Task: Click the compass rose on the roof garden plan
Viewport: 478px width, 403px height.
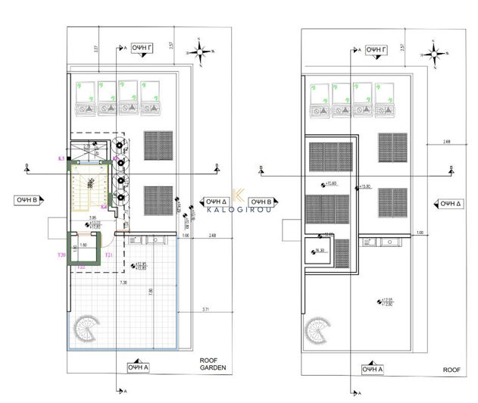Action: [x=203, y=52]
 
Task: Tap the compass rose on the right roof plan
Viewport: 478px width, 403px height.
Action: [x=436, y=52]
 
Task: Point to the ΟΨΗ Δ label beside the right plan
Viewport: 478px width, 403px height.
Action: [x=451, y=203]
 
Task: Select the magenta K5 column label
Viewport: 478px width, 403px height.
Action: [x=61, y=159]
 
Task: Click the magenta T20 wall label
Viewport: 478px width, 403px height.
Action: [x=61, y=255]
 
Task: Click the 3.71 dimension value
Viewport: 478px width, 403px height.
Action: [x=205, y=310]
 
